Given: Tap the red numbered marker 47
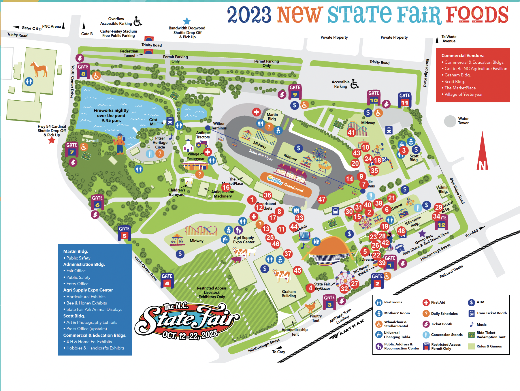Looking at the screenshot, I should pyautogui.click(x=322, y=199).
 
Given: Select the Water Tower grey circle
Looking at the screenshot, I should pyautogui.click(x=450, y=121).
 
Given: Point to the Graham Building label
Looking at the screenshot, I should pyautogui.click(x=289, y=294).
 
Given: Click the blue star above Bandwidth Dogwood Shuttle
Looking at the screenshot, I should pyautogui.click(x=187, y=21).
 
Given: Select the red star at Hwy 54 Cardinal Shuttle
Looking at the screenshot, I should pyautogui.click(x=52, y=140).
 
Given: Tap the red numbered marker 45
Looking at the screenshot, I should pyautogui.click(x=297, y=270).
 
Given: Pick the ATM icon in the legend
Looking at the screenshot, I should pyautogui.click(x=471, y=302).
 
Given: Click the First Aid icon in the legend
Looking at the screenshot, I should pyautogui.click(x=426, y=302).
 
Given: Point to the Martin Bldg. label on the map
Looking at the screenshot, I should pyautogui.click(x=272, y=116).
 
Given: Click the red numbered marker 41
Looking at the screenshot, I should pyautogui.click(x=351, y=132).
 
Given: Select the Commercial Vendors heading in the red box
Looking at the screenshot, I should pyautogui.click(x=463, y=56).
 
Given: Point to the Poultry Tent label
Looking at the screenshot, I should pyautogui.click(x=316, y=318).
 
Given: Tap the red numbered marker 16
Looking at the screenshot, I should pyautogui.click(x=226, y=187).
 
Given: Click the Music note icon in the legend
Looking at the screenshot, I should pyautogui.click(x=472, y=324).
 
